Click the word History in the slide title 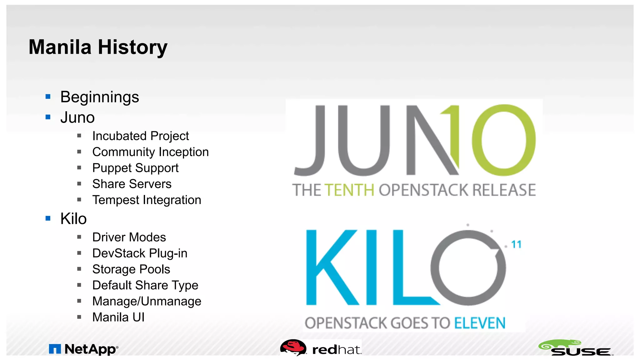point(133,47)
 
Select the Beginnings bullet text point(99,97)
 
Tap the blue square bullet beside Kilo point(48,218)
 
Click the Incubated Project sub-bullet point(140,136)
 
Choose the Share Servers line point(132,184)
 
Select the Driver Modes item point(129,237)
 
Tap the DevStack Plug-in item point(140,253)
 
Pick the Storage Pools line point(131,269)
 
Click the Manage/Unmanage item point(147,301)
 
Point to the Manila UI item point(118,317)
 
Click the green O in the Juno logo point(503,140)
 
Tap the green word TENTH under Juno point(349,190)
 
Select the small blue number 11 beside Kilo point(516,244)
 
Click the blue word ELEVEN point(479,323)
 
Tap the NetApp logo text point(90,349)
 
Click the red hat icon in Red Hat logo point(293,347)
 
